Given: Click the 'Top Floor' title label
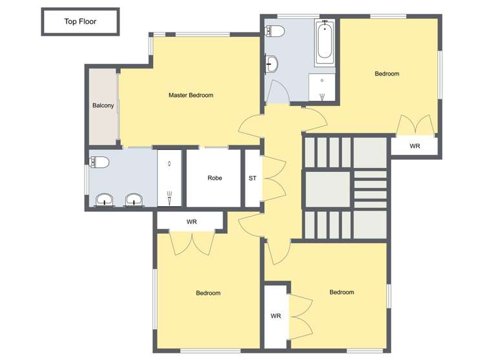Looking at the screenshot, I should (x=80, y=21).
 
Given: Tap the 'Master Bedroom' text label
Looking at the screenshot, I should (x=191, y=96).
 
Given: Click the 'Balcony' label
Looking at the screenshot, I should (x=103, y=105).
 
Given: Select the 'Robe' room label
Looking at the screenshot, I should (x=215, y=178).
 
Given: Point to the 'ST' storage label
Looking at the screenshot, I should (x=251, y=178).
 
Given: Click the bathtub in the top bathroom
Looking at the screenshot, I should (x=324, y=44).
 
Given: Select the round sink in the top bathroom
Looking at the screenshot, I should (x=272, y=63).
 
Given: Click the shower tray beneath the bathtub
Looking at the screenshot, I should (x=322, y=88).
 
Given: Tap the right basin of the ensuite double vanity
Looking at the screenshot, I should (x=134, y=200).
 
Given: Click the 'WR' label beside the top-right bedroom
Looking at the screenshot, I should (x=415, y=146).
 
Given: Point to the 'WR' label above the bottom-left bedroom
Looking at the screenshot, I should (x=191, y=222).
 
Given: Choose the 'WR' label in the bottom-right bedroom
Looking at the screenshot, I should (x=276, y=316).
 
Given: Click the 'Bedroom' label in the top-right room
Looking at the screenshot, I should (x=387, y=74).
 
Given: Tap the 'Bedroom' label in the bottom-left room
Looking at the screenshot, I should (x=208, y=293).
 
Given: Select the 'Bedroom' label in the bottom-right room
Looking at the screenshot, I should (x=342, y=292).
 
